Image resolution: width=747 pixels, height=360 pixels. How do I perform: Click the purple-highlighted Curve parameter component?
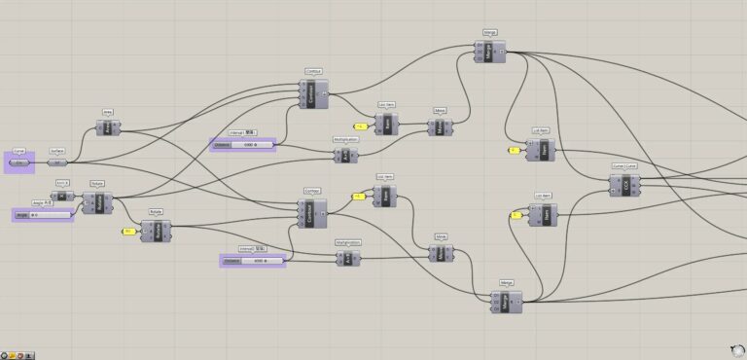tap(18, 162)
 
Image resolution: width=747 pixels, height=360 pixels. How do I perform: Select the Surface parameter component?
tap(59, 162)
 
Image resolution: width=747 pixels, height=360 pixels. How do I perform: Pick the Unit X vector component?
tap(62, 195)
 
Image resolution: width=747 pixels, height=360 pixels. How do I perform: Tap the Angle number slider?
tap(43, 214)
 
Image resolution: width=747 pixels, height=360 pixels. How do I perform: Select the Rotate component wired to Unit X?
tap(98, 202)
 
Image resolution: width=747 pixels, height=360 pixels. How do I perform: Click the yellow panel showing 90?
tap(128, 231)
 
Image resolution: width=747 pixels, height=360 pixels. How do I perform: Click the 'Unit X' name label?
tap(62, 183)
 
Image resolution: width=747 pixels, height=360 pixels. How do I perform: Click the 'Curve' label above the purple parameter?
tap(18, 152)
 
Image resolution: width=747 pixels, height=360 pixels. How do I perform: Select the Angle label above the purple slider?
tap(42, 203)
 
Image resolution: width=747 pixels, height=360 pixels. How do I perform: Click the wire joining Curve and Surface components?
tap(41, 162)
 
